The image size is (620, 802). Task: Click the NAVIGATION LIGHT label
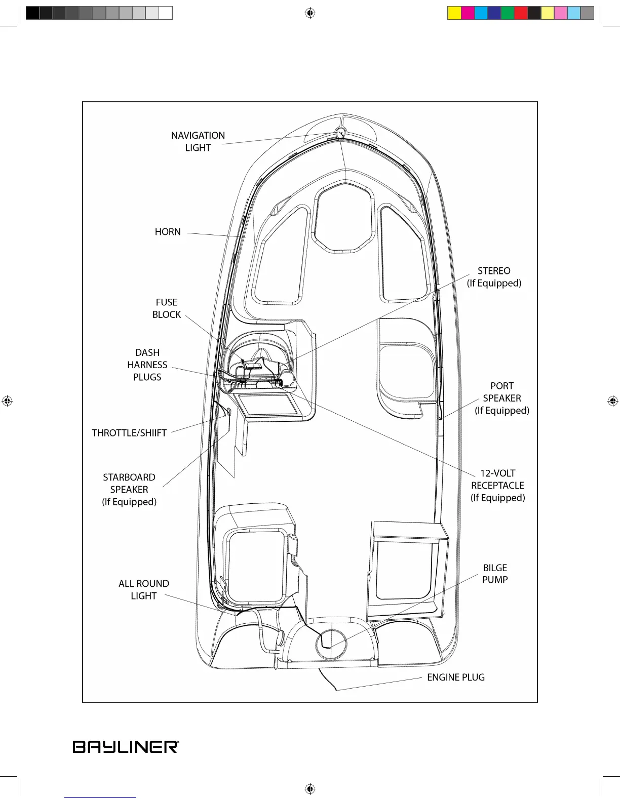pos(198,142)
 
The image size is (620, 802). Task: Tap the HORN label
pos(168,232)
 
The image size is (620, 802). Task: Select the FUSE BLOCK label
pos(167,308)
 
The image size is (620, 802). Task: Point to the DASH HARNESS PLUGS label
pos(147,365)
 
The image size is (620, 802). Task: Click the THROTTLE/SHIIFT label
pos(129,433)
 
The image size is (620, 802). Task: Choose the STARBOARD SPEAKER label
pos(129,490)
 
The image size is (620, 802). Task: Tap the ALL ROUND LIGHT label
pos(144,590)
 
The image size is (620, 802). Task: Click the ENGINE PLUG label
pos(456,677)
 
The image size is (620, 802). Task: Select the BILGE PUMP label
pos(495,574)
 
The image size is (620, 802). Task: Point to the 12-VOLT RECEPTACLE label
pos(497,486)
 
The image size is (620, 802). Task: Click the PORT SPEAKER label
pos(502,398)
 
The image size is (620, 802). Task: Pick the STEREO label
pos(494,277)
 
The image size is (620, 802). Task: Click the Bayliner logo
pos(126,747)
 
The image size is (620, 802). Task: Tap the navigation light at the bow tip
pos(340,133)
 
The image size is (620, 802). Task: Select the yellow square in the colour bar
pos(454,13)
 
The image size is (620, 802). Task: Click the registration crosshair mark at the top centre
pos(310,13)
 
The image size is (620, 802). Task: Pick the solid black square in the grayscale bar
pos(32,13)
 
